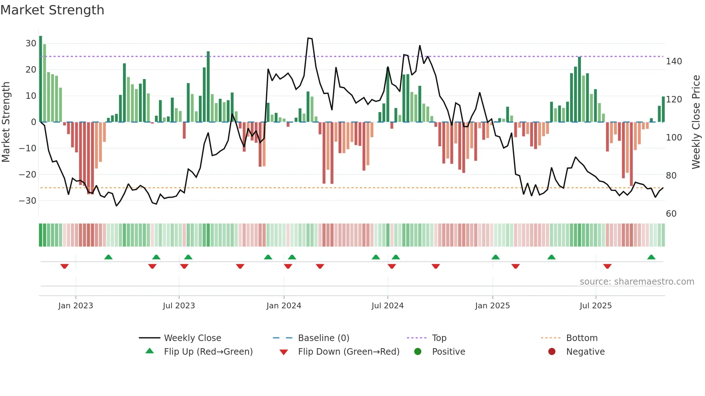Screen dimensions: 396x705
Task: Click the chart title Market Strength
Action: point(52,10)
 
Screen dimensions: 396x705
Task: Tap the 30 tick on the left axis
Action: point(31,43)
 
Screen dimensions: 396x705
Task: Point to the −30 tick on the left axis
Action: point(28,201)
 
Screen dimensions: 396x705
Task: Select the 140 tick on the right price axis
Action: point(674,61)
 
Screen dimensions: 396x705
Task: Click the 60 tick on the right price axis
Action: point(671,214)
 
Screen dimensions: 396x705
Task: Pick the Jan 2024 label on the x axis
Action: point(284,306)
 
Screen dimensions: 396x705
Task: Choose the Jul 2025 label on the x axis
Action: point(596,306)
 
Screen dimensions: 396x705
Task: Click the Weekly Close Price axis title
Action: point(696,122)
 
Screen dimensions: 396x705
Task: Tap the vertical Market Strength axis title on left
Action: point(6,122)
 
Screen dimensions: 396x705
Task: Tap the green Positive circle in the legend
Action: point(418,351)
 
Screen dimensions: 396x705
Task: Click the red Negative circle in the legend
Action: point(552,351)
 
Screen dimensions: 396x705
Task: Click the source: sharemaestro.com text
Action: point(637,282)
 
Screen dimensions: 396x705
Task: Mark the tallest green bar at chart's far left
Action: point(41,79)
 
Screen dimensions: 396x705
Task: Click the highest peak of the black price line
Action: point(309,38)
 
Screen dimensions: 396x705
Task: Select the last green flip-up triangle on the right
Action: point(651,257)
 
